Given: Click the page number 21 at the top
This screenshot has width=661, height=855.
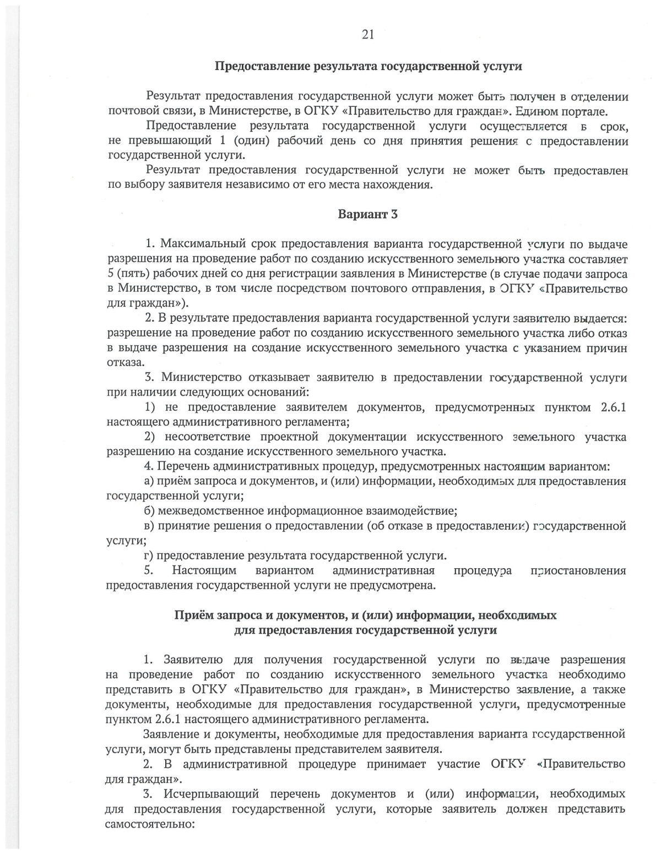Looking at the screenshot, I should pyautogui.click(x=368, y=35).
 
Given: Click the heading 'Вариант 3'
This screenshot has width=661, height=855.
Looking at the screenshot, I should pyautogui.click(x=367, y=214).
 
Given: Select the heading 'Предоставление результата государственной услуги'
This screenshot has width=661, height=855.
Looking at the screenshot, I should pyautogui.click(x=368, y=67).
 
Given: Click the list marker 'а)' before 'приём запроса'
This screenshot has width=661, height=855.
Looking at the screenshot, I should pyautogui.click(x=149, y=481).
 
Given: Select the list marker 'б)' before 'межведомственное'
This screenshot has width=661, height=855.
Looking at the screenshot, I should pyautogui.click(x=149, y=510).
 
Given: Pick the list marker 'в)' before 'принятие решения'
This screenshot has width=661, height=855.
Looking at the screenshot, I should pyautogui.click(x=149, y=526).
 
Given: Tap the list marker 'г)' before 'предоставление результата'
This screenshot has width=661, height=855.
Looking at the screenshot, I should pyautogui.click(x=149, y=555).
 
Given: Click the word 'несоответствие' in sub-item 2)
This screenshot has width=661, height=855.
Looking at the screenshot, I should pyautogui.click(x=204, y=437).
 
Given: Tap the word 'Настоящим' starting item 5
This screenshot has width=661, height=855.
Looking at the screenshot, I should pyautogui.click(x=204, y=570).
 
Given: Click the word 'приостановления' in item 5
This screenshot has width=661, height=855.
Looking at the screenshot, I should pyautogui.click(x=578, y=570).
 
